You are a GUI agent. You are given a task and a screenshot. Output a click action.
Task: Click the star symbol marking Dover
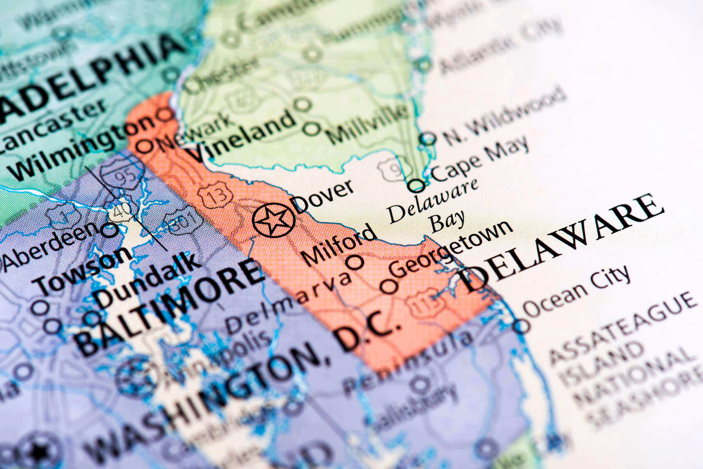pos(273,220)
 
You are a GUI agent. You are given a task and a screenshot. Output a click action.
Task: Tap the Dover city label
pos(322,196)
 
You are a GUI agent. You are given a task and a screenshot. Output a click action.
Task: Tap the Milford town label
pos(338,244)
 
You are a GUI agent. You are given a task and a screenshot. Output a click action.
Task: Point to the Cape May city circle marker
pos(416,185)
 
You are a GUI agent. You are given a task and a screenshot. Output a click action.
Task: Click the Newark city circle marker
pos(145,146)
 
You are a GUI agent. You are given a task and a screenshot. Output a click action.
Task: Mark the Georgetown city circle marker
pos(389,286)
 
